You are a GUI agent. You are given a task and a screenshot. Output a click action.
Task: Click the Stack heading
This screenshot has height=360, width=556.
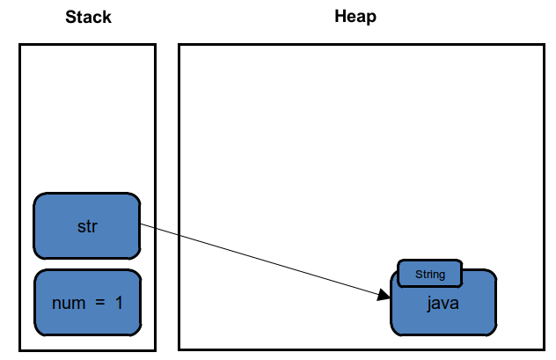[x=88, y=17]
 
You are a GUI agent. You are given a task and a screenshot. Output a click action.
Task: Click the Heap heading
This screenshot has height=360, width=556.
[x=355, y=17]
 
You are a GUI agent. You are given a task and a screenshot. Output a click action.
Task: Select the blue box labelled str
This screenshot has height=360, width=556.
[x=87, y=226]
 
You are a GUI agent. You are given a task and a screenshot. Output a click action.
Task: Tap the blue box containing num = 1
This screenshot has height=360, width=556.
[x=88, y=303]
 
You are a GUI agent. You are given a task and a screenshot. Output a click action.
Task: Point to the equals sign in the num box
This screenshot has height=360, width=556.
[x=100, y=303]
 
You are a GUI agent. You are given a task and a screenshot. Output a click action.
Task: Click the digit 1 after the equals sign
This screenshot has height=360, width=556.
[x=119, y=303]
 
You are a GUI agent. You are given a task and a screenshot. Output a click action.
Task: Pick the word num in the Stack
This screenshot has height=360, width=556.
[x=69, y=304]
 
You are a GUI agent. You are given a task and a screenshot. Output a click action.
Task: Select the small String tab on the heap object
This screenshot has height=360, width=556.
[x=430, y=274]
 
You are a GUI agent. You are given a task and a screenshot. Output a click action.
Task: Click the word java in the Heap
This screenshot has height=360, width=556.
[x=443, y=304]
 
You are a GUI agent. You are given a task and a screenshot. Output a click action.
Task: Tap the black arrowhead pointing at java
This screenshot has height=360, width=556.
[x=384, y=295]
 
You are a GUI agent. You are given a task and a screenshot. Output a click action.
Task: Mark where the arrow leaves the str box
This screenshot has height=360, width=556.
[x=141, y=224]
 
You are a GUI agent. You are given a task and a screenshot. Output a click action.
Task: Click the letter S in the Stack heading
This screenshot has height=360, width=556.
[x=70, y=17]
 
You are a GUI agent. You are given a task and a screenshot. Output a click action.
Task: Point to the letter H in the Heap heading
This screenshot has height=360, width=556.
[x=340, y=17]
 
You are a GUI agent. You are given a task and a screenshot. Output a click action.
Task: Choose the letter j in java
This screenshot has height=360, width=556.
[x=429, y=304]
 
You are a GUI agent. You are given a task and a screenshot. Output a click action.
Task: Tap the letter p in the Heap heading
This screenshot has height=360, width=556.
[x=372, y=18]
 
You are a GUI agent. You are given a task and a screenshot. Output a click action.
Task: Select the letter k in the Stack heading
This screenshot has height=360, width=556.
[x=107, y=17]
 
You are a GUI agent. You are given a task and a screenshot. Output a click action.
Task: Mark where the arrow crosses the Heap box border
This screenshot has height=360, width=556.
[x=179, y=235]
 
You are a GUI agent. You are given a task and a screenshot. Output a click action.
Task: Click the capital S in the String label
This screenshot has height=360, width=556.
[x=419, y=274]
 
